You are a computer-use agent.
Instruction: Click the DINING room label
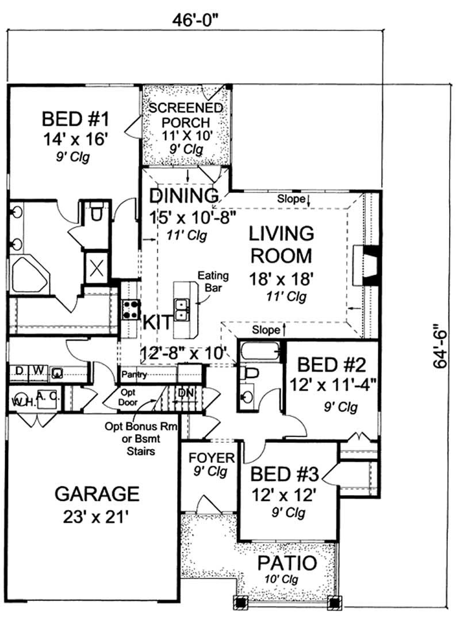click(184, 196)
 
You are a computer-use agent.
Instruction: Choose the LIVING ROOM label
click(281, 245)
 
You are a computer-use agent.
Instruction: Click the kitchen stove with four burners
click(131, 310)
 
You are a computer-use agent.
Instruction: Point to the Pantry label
click(135, 375)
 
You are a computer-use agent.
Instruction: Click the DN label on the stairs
click(186, 392)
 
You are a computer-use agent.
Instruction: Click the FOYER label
click(212, 458)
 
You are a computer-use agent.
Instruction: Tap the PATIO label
click(286, 563)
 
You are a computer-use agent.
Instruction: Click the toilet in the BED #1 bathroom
click(96, 212)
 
